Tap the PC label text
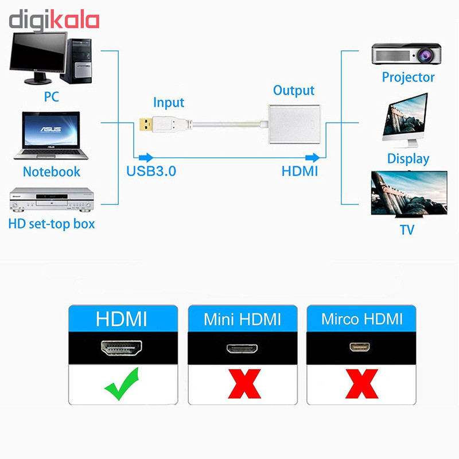51,96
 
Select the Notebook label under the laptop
52,172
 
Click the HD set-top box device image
52,200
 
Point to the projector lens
425,55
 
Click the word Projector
408,77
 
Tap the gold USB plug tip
146,124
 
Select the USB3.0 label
151,171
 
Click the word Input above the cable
169,103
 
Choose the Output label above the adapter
294,91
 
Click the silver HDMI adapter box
294,124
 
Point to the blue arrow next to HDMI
312,157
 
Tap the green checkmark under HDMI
122,384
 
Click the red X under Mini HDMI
244,384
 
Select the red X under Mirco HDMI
362,384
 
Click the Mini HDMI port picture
242,348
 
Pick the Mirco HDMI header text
362,319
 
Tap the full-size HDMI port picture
122,348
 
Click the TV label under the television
407,230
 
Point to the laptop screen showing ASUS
51,129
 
